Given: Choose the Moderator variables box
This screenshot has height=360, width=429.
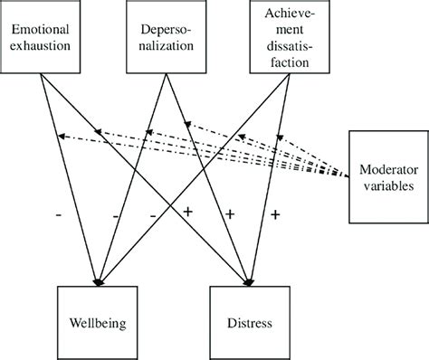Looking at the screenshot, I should pos(387,176).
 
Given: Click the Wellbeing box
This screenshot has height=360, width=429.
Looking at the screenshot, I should pos(94,322).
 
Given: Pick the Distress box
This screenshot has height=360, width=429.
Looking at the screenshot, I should pos(247,322).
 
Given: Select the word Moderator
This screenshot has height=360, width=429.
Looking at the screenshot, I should pos(388,169).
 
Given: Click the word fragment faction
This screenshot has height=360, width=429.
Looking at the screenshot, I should pos(285,62).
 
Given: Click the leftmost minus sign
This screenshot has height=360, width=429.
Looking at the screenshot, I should pos(58,215).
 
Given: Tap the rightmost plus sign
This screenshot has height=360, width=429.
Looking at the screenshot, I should pos(274,214).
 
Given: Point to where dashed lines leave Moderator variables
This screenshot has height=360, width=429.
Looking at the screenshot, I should pos(348,174).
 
